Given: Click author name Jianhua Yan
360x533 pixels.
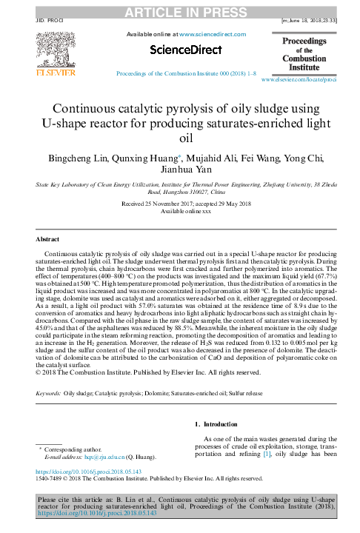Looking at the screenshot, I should pos(180,172).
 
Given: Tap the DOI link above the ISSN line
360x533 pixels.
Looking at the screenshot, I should pos(76,470).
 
